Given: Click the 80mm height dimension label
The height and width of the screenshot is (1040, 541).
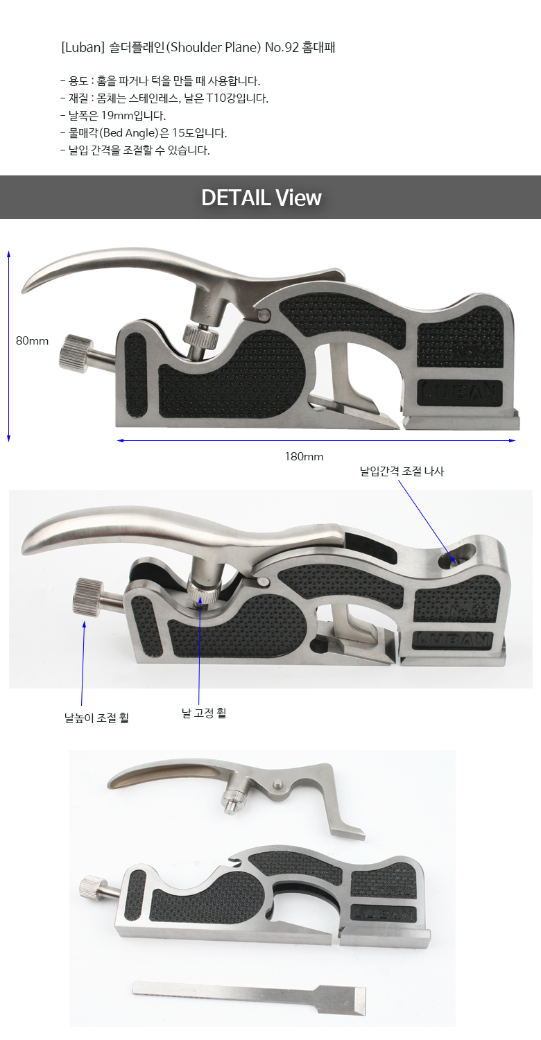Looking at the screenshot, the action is (x=32, y=341).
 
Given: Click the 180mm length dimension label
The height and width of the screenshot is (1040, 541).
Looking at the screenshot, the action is (x=304, y=456).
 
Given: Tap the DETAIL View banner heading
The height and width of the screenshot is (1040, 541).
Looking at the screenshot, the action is (x=261, y=198).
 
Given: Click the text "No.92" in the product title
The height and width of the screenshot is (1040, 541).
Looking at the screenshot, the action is (x=282, y=47).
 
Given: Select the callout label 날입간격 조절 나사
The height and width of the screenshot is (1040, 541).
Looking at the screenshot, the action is (x=402, y=471).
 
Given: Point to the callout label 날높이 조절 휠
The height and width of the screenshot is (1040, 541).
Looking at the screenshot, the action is (x=96, y=718).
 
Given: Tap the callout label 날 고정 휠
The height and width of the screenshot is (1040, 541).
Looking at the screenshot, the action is (x=204, y=713).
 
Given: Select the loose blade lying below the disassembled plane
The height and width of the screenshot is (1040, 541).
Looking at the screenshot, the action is (x=250, y=997).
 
